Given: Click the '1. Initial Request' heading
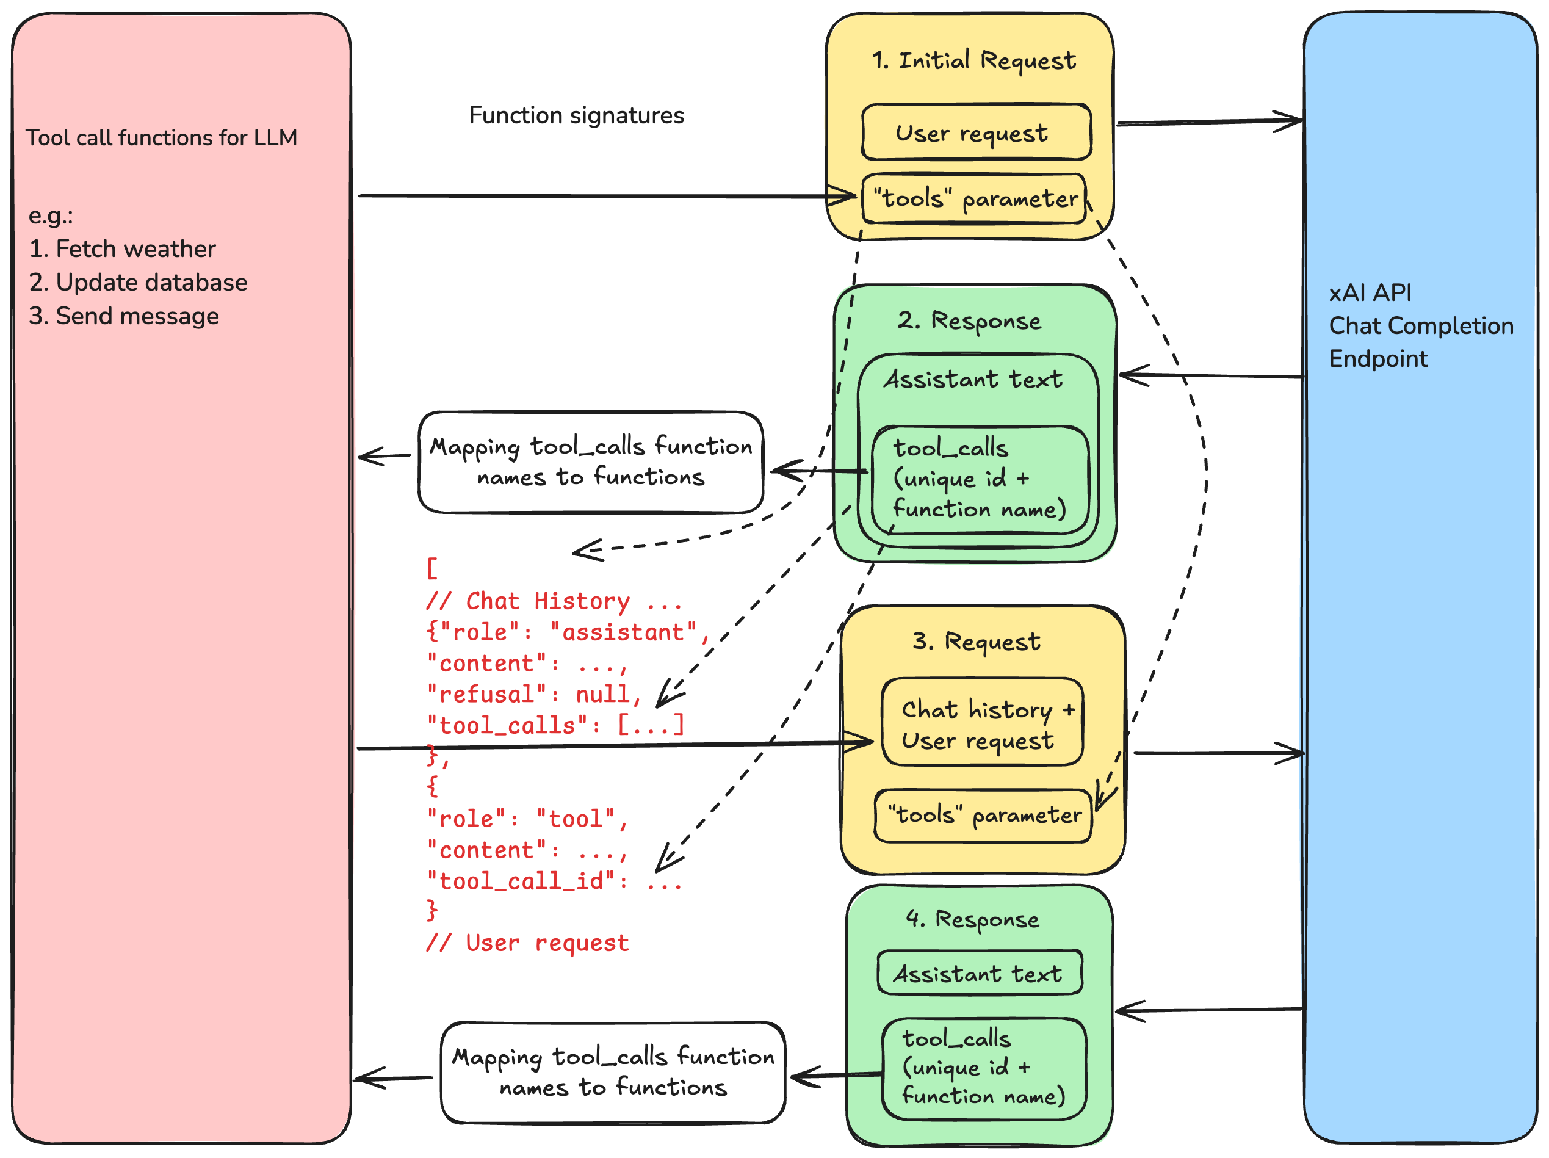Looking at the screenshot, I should click(973, 61).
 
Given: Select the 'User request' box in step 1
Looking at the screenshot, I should click(975, 132).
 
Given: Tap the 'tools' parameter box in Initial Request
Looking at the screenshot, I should click(974, 199).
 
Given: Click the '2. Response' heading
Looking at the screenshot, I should click(969, 321).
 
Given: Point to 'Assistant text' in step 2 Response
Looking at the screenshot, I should click(973, 380).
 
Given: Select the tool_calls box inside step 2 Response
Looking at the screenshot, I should click(979, 479).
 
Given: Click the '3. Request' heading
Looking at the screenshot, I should click(976, 642).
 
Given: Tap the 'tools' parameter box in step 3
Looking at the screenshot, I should click(983, 816).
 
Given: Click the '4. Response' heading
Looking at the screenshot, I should click(972, 919).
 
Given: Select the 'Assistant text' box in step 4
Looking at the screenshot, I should click(978, 974).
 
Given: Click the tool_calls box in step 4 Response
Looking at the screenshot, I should click(983, 1068).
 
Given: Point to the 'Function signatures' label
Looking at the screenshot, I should click(576, 115).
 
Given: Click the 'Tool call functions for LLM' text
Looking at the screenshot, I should click(161, 138).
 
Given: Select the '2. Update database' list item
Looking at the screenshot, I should click(138, 282).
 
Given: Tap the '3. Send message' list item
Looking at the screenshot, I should click(124, 316).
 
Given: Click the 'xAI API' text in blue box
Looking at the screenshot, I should click(1370, 293).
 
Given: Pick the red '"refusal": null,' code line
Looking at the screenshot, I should click(533, 694).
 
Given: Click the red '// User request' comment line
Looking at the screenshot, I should click(527, 943).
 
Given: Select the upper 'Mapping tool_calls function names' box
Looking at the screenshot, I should click(590, 462).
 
